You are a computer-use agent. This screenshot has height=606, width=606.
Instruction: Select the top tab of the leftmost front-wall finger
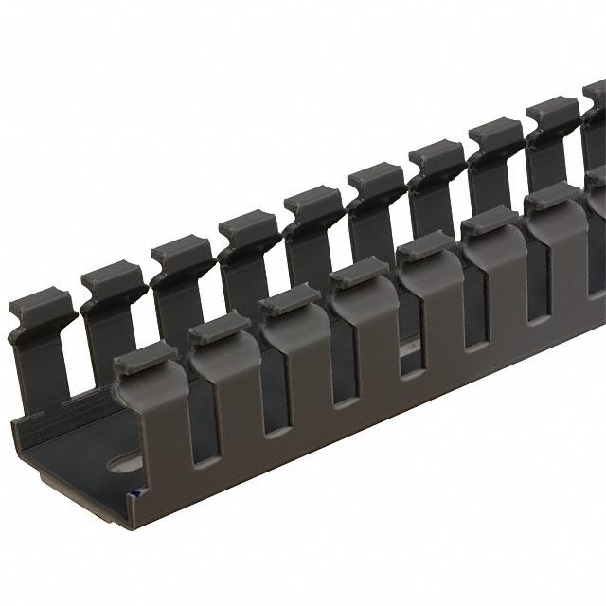click(x=145, y=358)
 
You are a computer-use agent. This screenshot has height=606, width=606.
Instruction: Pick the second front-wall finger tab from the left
click(x=219, y=328)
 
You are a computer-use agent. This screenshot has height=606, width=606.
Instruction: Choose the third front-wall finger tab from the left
click(x=290, y=299)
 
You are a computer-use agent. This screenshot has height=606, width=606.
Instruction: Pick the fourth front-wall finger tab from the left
click(x=360, y=272)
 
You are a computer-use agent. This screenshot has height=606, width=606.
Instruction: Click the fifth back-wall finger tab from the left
click(x=314, y=201)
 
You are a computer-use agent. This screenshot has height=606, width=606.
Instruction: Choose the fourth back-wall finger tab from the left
click(x=249, y=227)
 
